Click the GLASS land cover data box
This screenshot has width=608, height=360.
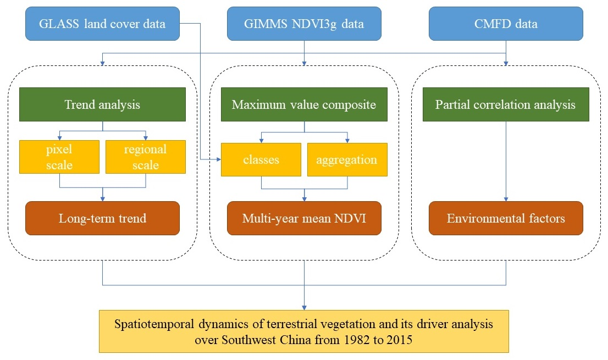coord(102,24)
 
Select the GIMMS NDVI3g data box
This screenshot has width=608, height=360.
coord(304,24)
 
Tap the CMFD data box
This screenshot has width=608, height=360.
coord(506,24)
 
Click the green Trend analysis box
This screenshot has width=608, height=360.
coord(102,104)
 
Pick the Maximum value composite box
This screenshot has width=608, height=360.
coord(304,104)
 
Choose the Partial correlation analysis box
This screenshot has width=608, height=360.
coord(506,104)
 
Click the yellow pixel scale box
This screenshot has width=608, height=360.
coord(59,157)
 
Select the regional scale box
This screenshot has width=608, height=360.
coord(146,157)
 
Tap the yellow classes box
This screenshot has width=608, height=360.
coord(261,159)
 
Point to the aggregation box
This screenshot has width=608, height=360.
coord(347,159)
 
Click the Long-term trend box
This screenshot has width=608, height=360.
coord(102,218)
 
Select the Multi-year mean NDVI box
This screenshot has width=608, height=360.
coord(304,218)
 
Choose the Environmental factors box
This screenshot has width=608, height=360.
coord(506,218)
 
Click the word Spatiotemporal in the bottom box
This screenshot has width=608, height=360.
coord(154,324)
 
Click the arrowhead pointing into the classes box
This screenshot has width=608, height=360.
coord(219,159)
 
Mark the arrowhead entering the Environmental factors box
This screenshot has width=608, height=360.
coord(506,199)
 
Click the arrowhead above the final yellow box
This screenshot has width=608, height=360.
coord(304,308)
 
